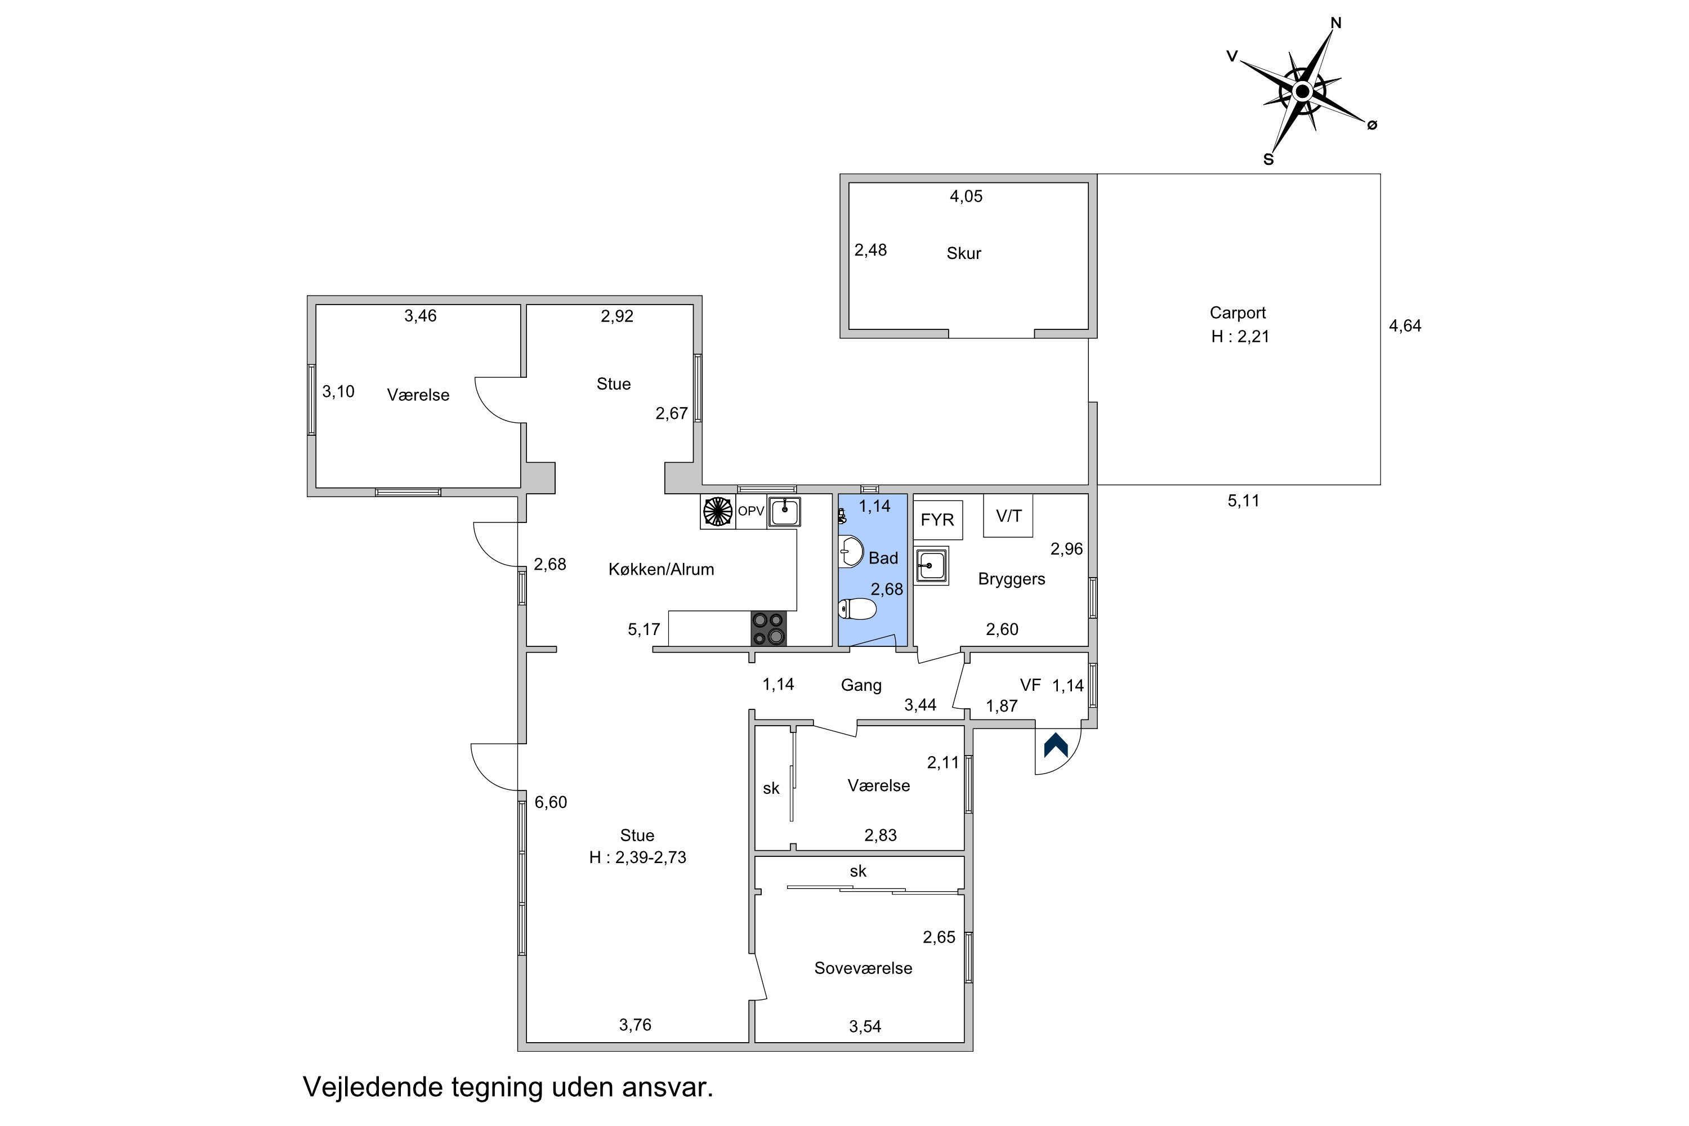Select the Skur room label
(x=964, y=253)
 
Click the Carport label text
(x=1237, y=313)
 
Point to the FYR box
(x=937, y=519)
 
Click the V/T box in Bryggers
(x=1008, y=515)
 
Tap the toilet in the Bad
(x=857, y=609)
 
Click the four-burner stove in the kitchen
(x=768, y=628)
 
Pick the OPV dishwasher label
(x=751, y=511)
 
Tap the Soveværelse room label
(x=863, y=968)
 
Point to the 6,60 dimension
(x=551, y=802)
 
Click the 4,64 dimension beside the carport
(x=1405, y=326)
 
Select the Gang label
(x=861, y=686)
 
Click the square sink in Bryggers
(x=931, y=565)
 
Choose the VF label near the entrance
(x=1030, y=685)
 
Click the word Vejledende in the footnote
(x=373, y=1087)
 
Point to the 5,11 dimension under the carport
(x=1243, y=501)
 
